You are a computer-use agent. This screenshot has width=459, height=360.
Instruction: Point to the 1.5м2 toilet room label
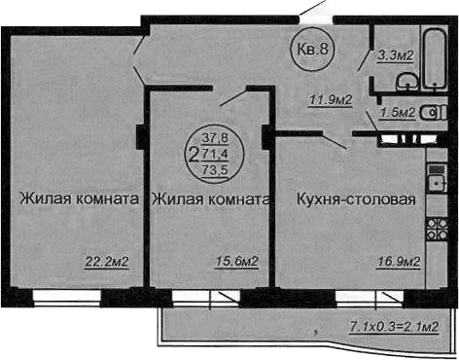(399, 113)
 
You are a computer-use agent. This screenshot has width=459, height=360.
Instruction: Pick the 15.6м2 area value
(235, 261)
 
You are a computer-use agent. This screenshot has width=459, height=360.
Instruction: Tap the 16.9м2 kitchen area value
(398, 261)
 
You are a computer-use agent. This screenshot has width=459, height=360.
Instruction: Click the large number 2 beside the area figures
(194, 154)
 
